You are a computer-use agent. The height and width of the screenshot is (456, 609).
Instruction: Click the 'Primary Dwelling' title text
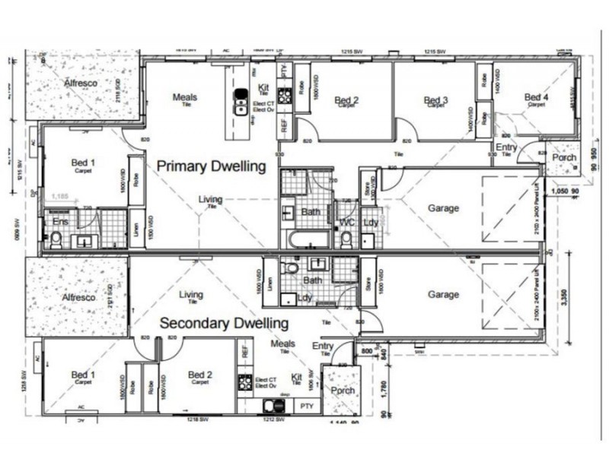(x=211, y=166)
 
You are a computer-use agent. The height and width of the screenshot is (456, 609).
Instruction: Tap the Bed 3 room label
(x=435, y=100)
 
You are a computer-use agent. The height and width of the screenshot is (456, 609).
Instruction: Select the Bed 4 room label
(x=536, y=97)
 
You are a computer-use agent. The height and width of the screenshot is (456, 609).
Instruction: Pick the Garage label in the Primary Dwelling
(x=443, y=207)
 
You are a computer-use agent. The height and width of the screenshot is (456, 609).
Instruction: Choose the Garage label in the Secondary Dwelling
(x=443, y=295)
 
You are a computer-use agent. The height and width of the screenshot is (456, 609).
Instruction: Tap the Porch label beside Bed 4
(x=564, y=158)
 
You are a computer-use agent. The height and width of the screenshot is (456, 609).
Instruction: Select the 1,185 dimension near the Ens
(x=61, y=196)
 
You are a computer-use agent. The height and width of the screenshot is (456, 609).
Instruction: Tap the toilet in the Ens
(x=55, y=239)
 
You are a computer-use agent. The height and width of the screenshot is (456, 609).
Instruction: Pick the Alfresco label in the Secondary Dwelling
(x=78, y=298)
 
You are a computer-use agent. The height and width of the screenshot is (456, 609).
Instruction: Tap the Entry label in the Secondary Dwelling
(x=323, y=347)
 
